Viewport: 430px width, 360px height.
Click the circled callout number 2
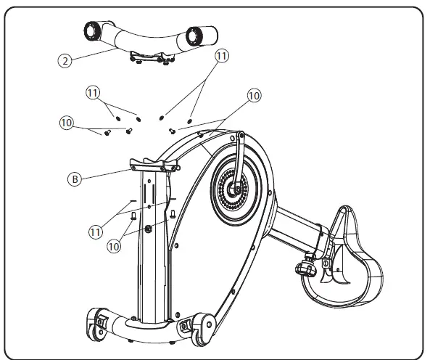click(66, 62)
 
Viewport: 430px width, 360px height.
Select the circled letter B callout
click(74, 179)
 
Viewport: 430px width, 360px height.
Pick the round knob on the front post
click(149, 229)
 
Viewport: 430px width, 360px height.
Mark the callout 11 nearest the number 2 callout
click(91, 92)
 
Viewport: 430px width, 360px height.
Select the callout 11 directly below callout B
click(94, 232)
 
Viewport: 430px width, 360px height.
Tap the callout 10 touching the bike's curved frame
click(255, 95)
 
